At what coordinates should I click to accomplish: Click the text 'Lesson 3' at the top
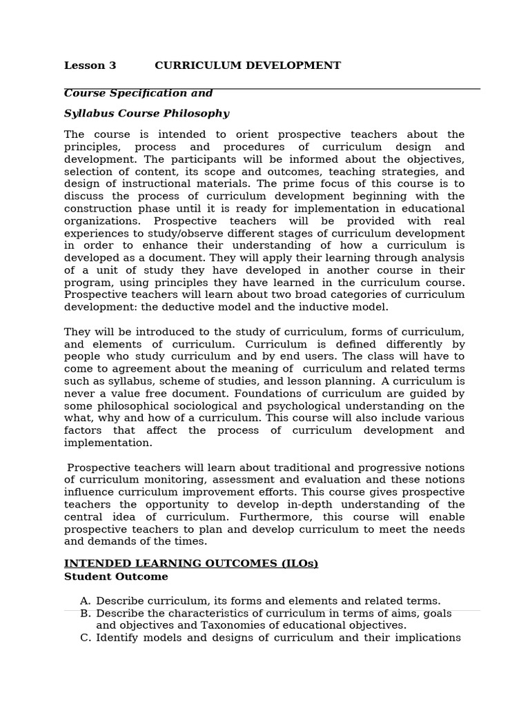(x=90, y=65)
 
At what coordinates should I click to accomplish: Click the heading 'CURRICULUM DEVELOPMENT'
(x=247, y=65)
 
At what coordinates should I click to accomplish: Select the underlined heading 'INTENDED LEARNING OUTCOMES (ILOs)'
(x=191, y=563)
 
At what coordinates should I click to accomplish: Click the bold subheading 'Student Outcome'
(x=116, y=576)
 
